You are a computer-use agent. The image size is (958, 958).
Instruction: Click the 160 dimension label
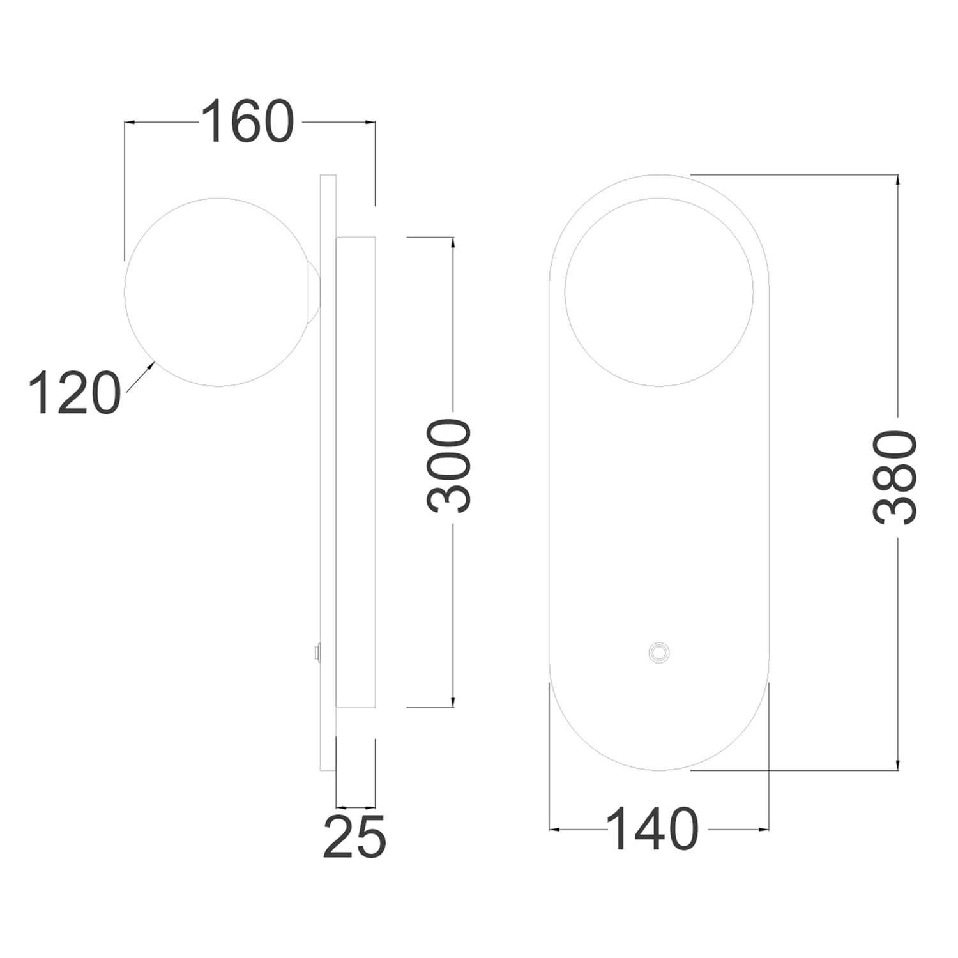pyautogui.click(x=248, y=121)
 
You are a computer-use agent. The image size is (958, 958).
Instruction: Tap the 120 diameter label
pyautogui.click(x=75, y=392)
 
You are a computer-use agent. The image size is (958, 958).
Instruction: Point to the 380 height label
pyautogui.click(x=895, y=477)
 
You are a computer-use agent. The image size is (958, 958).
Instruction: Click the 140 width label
pyautogui.click(x=652, y=828)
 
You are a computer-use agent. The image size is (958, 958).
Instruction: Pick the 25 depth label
pyautogui.click(x=354, y=836)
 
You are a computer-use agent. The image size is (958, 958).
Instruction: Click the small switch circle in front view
pyautogui.click(x=658, y=652)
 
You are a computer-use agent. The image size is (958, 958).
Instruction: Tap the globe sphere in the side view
pyautogui.click(x=218, y=292)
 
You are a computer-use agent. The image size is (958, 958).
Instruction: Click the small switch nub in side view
pyautogui.click(x=316, y=652)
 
